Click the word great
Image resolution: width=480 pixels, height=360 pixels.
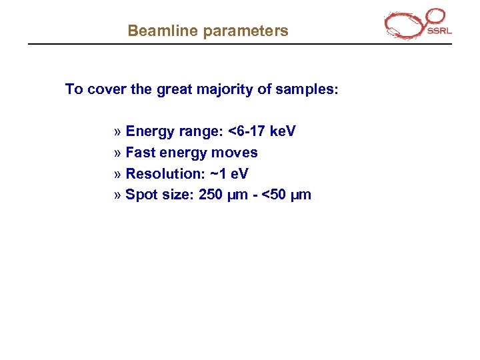pos(174,89)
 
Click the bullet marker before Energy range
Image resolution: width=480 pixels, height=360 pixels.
pos(118,131)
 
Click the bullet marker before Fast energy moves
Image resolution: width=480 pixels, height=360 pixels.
pos(118,153)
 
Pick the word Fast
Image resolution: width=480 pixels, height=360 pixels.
pos(139,152)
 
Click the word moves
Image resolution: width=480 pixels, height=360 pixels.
pos(234,152)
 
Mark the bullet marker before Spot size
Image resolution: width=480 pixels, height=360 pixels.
pos(118,195)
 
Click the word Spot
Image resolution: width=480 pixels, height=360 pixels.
pos(140,195)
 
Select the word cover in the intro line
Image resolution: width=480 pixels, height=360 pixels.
pos(106,89)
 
